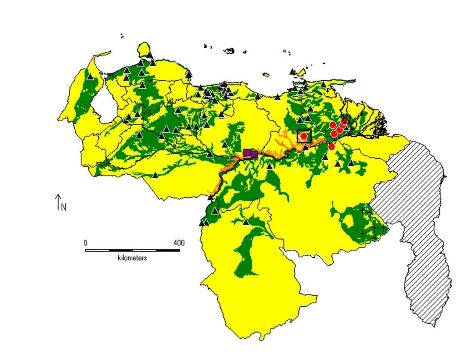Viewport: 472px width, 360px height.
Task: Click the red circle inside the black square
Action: (304, 136)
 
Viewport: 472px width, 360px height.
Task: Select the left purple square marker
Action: (247, 152)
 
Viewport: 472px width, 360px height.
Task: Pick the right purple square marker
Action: (254, 154)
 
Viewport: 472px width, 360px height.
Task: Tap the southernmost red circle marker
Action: (331, 146)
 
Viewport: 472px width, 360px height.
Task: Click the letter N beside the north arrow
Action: (64, 207)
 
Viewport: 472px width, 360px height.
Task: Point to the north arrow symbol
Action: (58, 202)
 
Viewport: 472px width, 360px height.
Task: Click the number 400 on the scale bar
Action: (179, 243)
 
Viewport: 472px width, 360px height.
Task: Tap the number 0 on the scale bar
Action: (86, 243)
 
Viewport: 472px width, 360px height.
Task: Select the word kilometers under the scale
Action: (132, 258)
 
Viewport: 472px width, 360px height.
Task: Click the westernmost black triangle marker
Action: (90, 76)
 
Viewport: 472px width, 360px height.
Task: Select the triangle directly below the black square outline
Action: (306, 147)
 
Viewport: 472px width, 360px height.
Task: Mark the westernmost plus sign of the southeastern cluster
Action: (362, 210)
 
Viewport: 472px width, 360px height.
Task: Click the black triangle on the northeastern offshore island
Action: (293, 72)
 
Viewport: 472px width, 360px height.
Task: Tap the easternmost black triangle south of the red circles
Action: (351, 163)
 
